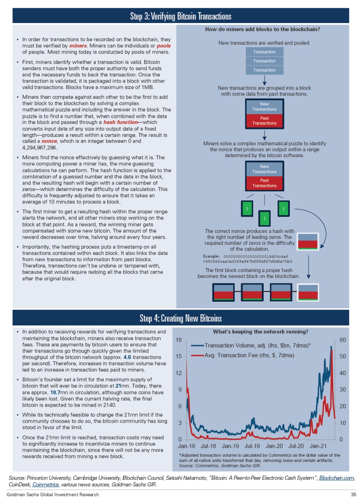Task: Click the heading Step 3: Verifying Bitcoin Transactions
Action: pyautogui.click(x=181, y=16)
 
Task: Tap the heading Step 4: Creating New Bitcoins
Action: pyautogui.click(x=181, y=319)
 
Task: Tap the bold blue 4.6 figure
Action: pyautogui.click(x=128, y=357)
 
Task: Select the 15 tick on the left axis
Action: pyautogui.click(x=179, y=356)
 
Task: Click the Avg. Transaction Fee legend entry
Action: pyautogui.click(x=249, y=356)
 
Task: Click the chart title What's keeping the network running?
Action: pyautogui.click(x=261, y=332)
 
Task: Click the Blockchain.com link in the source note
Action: pyautogui.click(x=337, y=478)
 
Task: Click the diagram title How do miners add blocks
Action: pyautogui.click(x=265, y=29)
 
